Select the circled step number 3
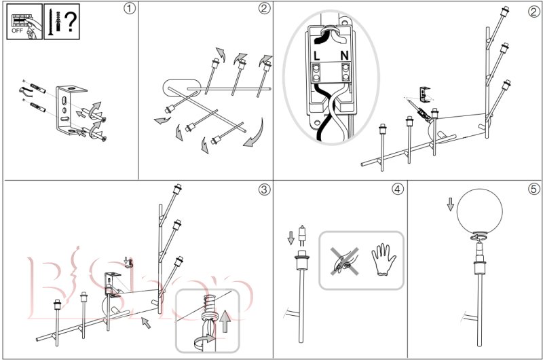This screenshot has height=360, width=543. [x=263, y=189]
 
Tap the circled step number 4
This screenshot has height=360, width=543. [x=396, y=189]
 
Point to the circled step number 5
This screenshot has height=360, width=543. [x=533, y=189]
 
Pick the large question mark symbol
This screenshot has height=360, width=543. [x=69, y=22]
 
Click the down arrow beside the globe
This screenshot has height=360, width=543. [x=449, y=204]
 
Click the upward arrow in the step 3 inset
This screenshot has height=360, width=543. [x=225, y=314]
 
